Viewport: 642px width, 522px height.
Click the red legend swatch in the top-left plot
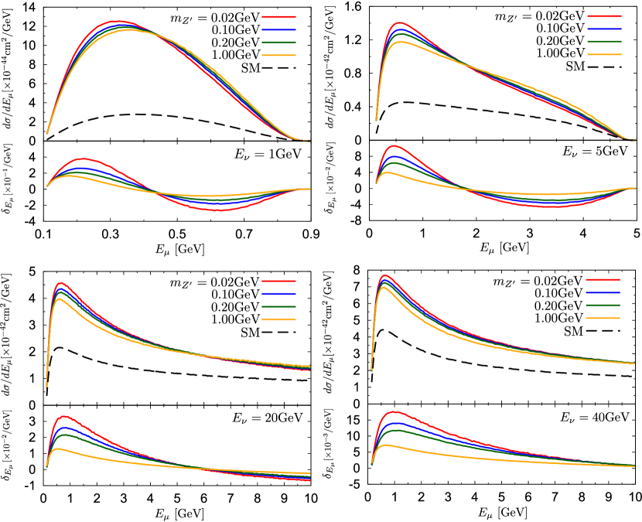click(x=278, y=16)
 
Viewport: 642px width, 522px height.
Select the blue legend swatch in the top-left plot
click(x=278, y=29)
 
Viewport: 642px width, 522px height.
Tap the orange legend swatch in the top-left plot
click(x=278, y=56)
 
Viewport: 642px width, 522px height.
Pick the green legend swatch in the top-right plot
click(x=604, y=42)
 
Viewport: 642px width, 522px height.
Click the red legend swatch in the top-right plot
click(x=604, y=15)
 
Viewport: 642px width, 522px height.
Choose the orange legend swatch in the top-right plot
click(x=604, y=55)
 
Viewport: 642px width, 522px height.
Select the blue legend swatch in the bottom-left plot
click(x=278, y=294)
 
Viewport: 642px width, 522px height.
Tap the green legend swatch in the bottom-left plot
click(x=278, y=306)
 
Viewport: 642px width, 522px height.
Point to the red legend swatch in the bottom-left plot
click(x=278, y=281)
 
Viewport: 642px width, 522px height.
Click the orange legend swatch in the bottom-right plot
click(x=603, y=318)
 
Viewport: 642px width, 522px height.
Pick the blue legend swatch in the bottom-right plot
click(x=603, y=292)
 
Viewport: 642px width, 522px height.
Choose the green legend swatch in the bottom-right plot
click(x=603, y=305)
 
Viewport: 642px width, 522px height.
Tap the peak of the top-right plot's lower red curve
click(x=394, y=145)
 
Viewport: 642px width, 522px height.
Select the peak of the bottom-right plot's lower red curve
click(x=395, y=411)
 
